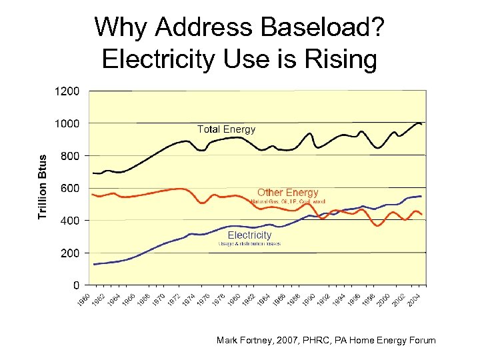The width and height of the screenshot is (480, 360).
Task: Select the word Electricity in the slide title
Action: click(x=157, y=59)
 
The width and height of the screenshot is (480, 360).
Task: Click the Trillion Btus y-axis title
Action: click(x=43, y=187)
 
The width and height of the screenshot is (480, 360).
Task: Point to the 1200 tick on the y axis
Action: click(x=67, y=91)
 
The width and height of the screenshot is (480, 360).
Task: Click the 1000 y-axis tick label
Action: click(x=67, y=123)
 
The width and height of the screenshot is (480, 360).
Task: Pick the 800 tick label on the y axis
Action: click(x=69, y=156)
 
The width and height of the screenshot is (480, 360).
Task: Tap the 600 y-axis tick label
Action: click(x=69, y=189)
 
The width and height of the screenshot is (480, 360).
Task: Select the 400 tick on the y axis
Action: click(x=69, y=221)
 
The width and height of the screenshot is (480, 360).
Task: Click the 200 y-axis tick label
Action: click(x=69, y=253)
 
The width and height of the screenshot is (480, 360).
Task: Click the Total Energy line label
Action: click(x=226, y=129)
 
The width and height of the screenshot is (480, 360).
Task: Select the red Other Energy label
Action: click(x=288, y=193)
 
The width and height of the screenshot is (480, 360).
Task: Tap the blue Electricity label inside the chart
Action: click(x=249, y=235)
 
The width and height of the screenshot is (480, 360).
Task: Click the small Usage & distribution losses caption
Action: click(x=249, y=244)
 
